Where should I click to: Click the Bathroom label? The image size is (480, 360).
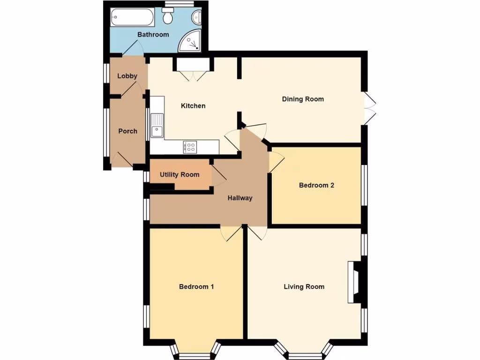click(x=153, y=35)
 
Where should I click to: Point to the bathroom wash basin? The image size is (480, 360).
click(x=197, y=18)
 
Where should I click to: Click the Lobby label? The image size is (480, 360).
click(x=127, y=76)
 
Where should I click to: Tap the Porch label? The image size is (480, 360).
click(x=127, y=131)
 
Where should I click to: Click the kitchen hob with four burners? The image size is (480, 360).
click(x=191, y=147)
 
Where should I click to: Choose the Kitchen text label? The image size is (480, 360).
click(x=193, y=106)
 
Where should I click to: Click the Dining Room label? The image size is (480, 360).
click(x=302, y=99)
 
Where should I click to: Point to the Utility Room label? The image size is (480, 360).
click(x=179, y=175)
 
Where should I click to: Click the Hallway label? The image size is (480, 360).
click(x=240, y=198)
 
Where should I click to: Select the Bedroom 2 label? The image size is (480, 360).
click(x=316, y=185)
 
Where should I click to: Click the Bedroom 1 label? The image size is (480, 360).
click(x=196, y=287)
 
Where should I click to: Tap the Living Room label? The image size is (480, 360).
click(x=304, y=287)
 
